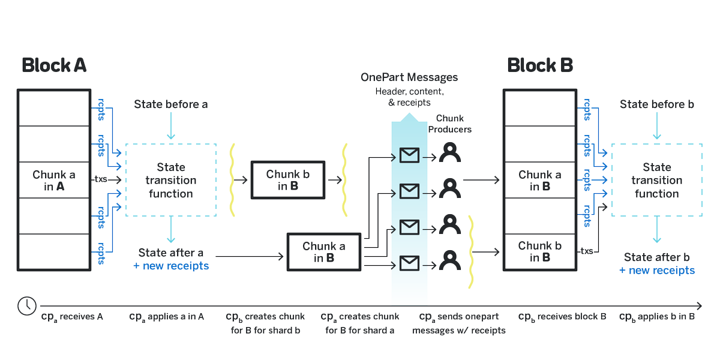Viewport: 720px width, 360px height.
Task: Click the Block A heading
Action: (54, 65)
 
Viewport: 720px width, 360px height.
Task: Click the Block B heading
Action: (540, 65)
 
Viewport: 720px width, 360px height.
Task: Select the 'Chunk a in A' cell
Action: (54, 181)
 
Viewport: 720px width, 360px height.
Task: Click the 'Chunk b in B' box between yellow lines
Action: (287, 180)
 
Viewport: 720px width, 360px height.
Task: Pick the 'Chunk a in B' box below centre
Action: (324, 252)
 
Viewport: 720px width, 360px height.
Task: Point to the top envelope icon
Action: (409, 156)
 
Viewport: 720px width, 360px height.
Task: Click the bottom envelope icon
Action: (409, 262)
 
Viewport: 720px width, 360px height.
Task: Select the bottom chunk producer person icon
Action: (449, 260)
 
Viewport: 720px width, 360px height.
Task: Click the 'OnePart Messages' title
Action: (409, 77)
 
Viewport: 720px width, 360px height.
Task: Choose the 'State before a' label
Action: (171, 104)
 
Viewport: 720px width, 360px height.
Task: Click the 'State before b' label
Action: (656, 104)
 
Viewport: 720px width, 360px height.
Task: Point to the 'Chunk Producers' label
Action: (454, 124)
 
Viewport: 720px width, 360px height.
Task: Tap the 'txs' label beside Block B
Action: (586, 251)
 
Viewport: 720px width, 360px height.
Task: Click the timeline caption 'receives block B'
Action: (562, 316)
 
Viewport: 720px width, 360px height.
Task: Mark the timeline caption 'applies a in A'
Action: (167, 316)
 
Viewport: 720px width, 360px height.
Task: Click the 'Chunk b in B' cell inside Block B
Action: (540, 251)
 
